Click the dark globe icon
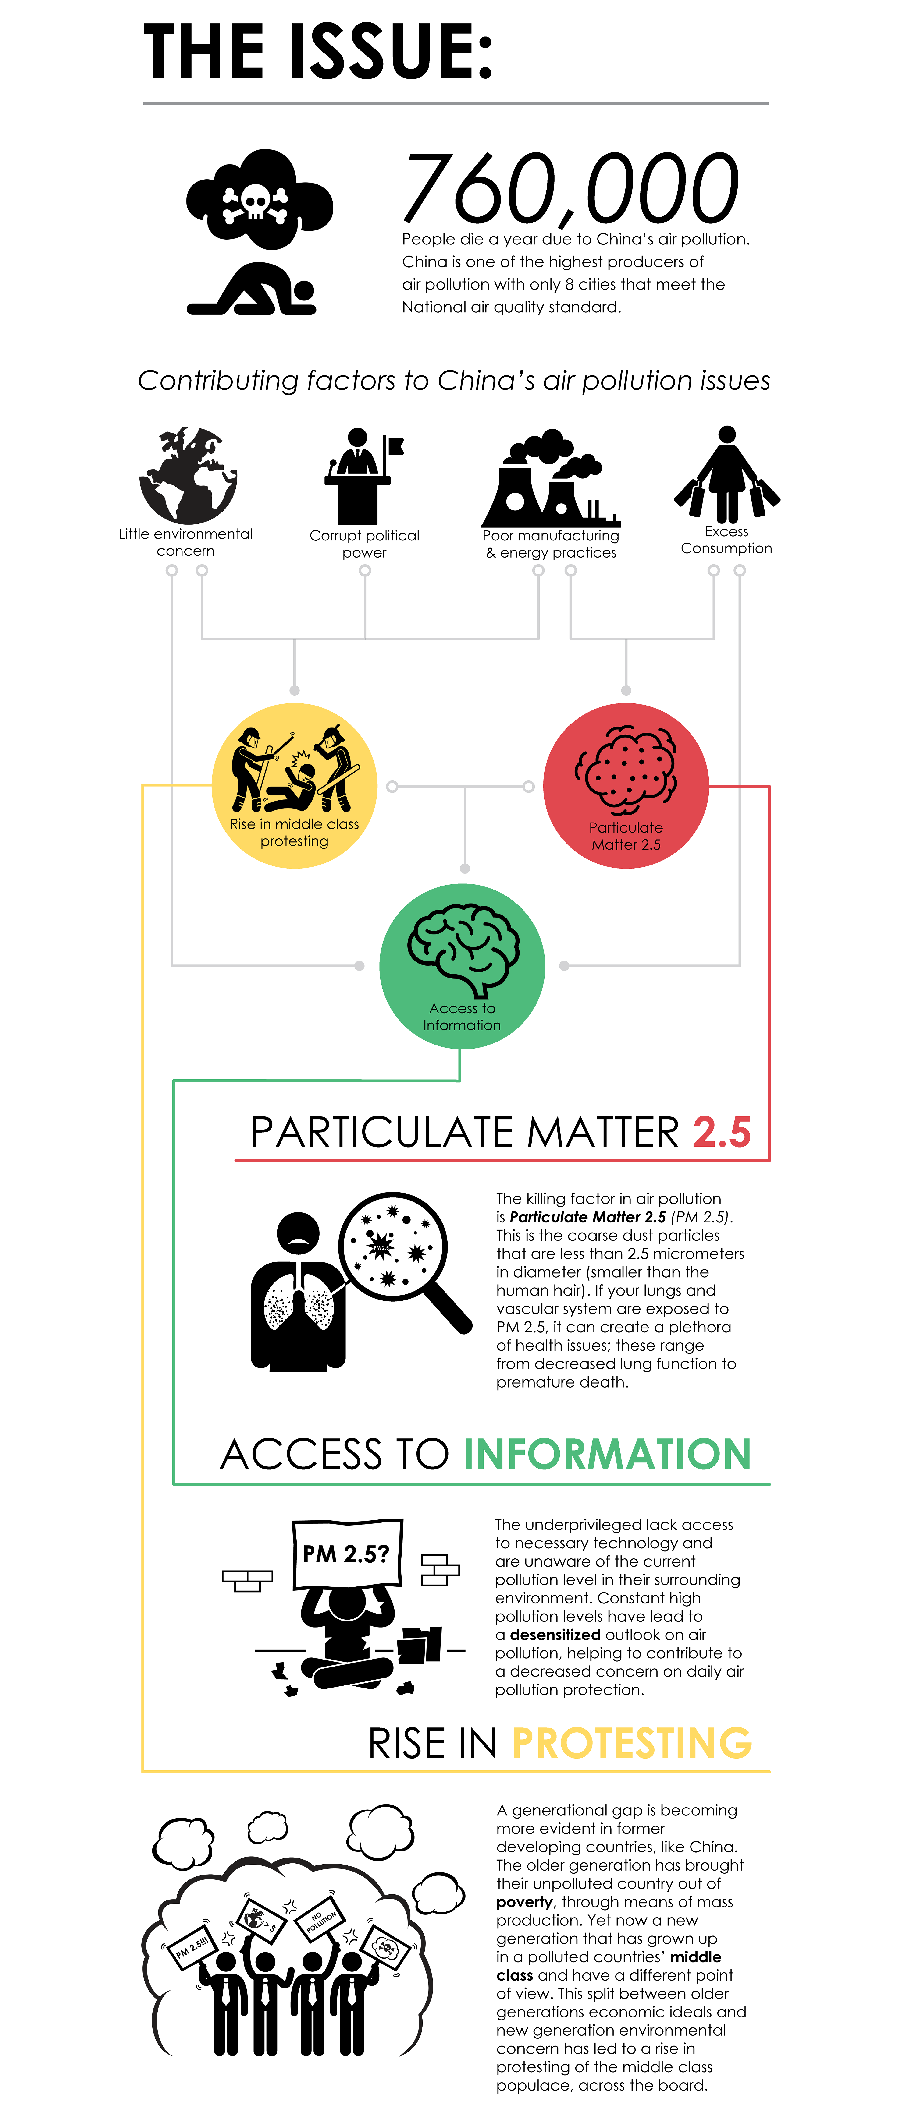tap(189, 475)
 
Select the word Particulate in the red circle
tap(625, 827)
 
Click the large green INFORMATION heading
tap(607, 1454)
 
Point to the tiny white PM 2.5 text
tap(381, 1248)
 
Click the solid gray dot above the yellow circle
tap(295, 690)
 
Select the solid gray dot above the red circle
tap(626, 690)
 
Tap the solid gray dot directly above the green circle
tap(465, 869)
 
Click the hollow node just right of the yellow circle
tap(392, 786)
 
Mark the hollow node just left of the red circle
tap(528, 786)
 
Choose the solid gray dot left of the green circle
tap(360, 966)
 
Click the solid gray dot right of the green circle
tap(565, 966)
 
